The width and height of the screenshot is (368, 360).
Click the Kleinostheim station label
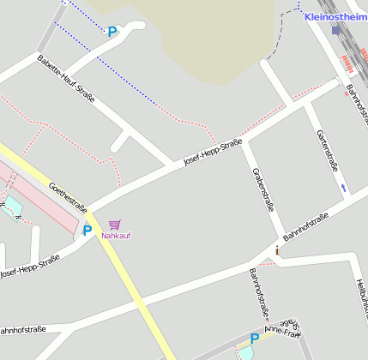335,17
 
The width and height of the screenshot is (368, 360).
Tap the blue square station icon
335,31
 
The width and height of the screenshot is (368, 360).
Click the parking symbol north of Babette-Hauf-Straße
112,32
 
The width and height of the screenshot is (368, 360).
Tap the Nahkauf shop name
116,236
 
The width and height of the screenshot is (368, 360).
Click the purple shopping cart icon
115,225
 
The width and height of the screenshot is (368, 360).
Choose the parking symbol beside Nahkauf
87,230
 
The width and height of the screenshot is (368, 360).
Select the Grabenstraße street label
262,189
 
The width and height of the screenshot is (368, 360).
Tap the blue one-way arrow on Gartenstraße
344,187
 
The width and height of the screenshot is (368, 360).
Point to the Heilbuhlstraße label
360,300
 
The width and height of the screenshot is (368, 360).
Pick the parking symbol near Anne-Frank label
255,338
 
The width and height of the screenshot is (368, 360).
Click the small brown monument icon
278,251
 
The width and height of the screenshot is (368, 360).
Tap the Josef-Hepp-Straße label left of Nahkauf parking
29,267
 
